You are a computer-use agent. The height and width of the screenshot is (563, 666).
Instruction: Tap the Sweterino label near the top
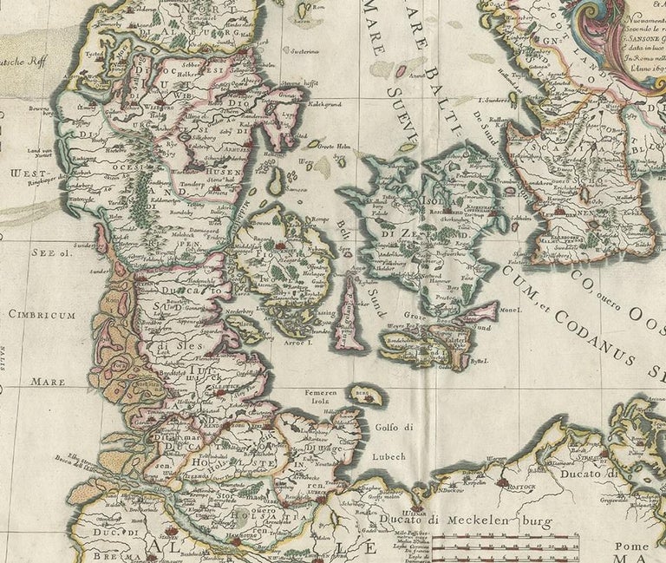[x=305, y=52]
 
